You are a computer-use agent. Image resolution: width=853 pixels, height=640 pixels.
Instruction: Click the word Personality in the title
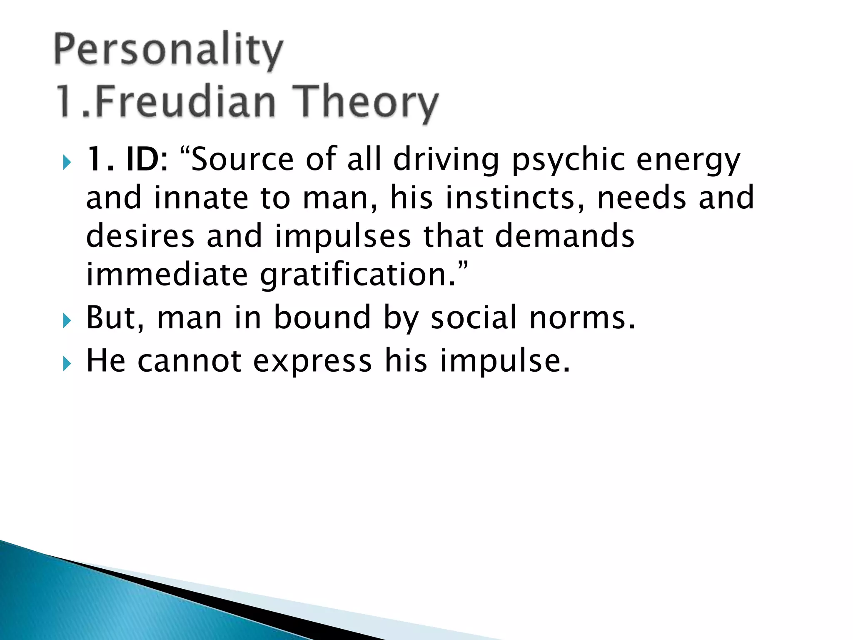pyautogui.click(x=169, y=51)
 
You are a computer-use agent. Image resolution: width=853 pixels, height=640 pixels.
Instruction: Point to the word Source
pyautogui.click(x=242, y=159)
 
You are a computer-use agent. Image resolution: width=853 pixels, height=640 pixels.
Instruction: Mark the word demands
pyautogui.click(x=564, y=236)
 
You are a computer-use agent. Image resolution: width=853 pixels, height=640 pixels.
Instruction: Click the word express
pyautogui.click(x=312, y=361)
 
